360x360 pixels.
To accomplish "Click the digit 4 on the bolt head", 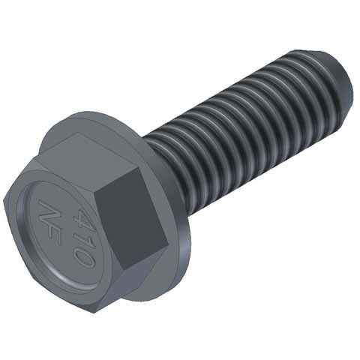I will tap(78, 219).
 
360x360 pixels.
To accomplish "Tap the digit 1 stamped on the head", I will tap(82, 238).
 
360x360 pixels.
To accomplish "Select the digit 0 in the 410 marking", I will tap(84, 256).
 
